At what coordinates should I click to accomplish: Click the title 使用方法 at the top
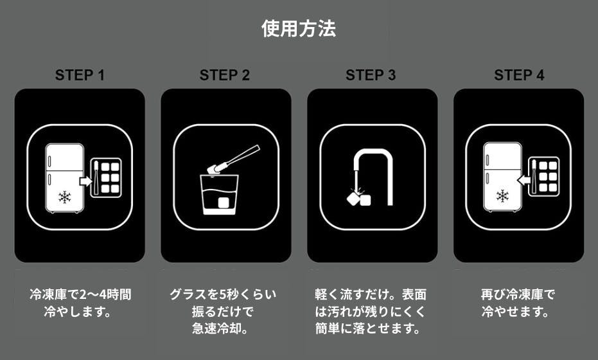point(299,29)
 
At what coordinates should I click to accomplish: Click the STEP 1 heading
point(80,75)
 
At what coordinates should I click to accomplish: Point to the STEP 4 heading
point(518,75)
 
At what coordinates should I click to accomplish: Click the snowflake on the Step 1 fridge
point(65,197)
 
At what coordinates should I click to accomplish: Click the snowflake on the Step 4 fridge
point(502,195)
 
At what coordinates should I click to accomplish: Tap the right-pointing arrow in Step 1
point(85,181)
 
